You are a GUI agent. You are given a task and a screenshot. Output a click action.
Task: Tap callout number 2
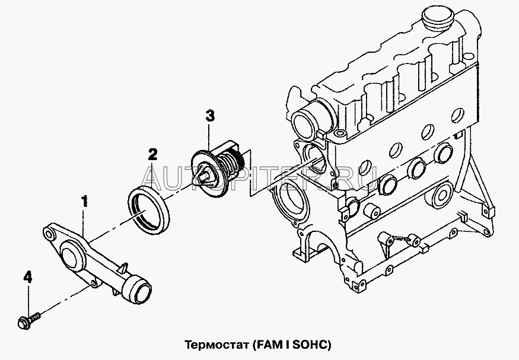[152, 156]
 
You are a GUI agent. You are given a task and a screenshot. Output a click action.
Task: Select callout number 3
[210, 116]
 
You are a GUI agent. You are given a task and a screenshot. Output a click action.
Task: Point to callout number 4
[27, 277]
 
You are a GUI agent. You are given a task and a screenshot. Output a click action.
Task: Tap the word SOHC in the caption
[310, 343]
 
